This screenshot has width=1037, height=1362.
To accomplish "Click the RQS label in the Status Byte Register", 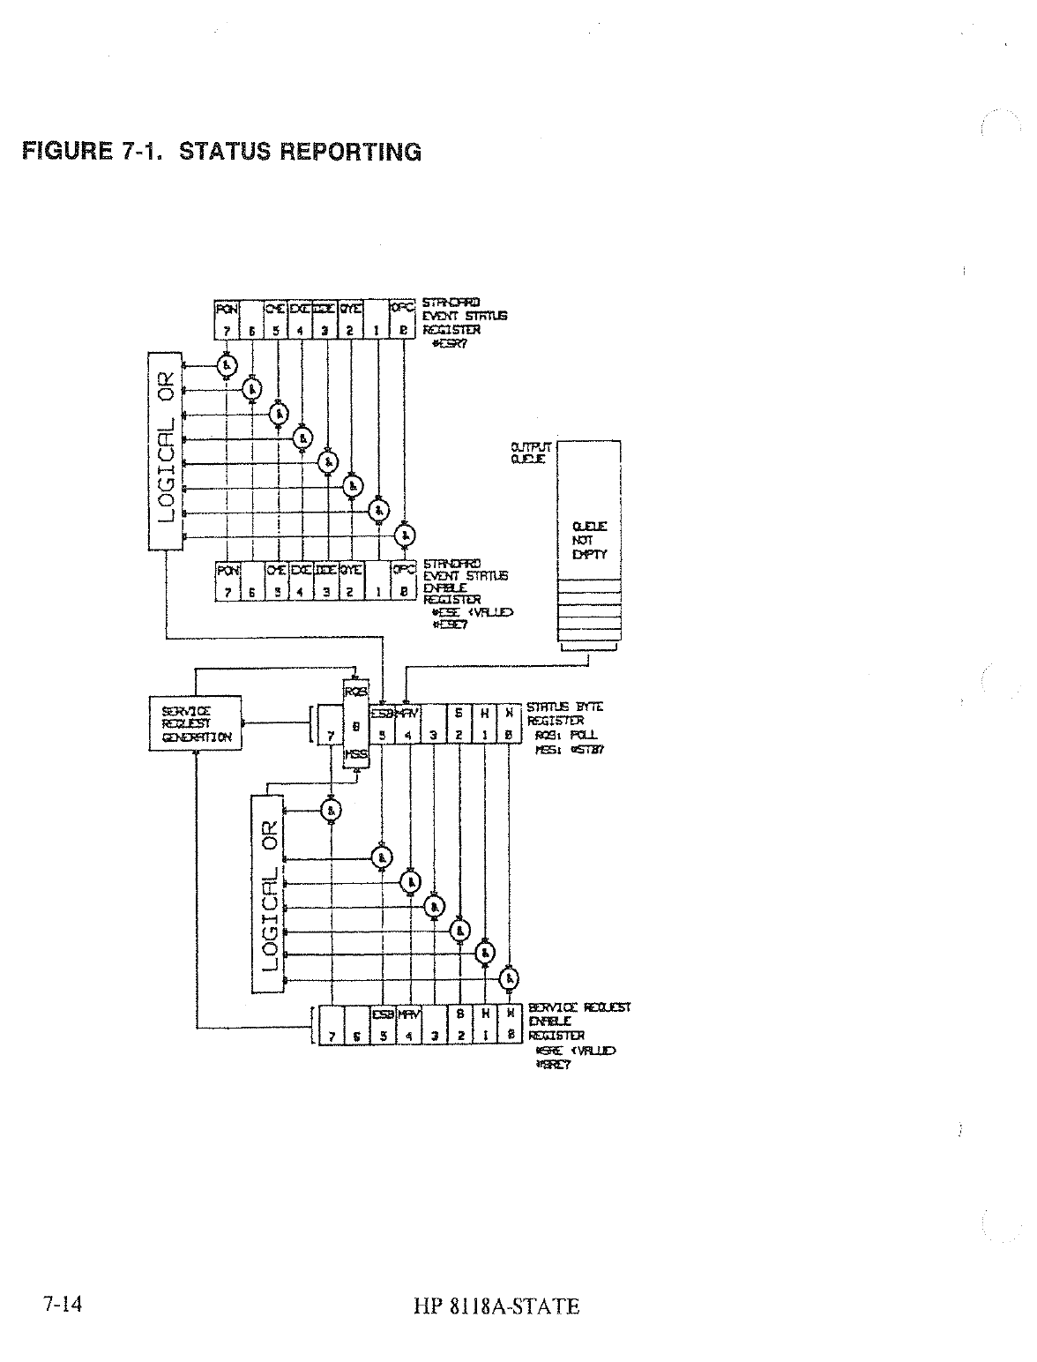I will tap(354, 691).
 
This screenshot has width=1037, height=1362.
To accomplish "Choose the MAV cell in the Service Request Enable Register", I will tap(409, 1014).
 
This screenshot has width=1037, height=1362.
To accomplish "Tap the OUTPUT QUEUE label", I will tap(530, 453).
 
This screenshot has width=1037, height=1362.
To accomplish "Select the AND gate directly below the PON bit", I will tap(228, 363).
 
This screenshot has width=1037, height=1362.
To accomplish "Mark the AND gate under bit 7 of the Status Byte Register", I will tap(332, 811).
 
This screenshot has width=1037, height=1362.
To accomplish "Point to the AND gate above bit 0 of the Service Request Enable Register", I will tap(509, 978).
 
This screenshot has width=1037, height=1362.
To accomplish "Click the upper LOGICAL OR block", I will tap(167, 448).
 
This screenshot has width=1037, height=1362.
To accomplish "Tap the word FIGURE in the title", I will tap(65, 151).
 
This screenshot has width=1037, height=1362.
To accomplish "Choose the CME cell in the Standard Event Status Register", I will tap(277, 310).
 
